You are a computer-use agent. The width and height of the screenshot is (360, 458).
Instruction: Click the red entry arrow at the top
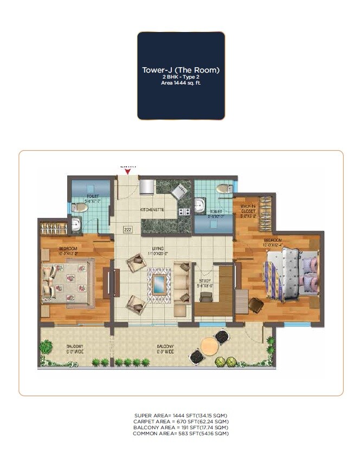click(x=127, y=172)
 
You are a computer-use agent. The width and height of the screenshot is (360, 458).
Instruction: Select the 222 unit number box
click(x=127, y=230)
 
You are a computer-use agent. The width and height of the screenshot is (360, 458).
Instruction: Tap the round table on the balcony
click(x=208, y=345)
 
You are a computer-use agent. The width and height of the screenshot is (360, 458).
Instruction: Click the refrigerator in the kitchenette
click(x=147, y=187)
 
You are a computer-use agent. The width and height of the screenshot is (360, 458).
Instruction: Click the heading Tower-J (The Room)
click(x=181, y=70)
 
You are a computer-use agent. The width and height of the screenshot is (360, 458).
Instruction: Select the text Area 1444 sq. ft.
click(x=181, y=83)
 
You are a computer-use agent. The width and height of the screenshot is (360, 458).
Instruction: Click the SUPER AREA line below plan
click(x=181, y=415)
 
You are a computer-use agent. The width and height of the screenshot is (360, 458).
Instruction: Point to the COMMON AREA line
click(x=181, y=433)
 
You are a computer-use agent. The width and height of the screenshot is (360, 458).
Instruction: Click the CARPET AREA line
click(x=181, y=421)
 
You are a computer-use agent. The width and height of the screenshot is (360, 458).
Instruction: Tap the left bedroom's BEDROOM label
click(x=69, y=249)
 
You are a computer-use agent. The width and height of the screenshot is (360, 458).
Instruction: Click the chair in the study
click(x=206, y=296)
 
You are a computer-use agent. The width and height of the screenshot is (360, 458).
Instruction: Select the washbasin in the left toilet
click(x=76, y=225)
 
